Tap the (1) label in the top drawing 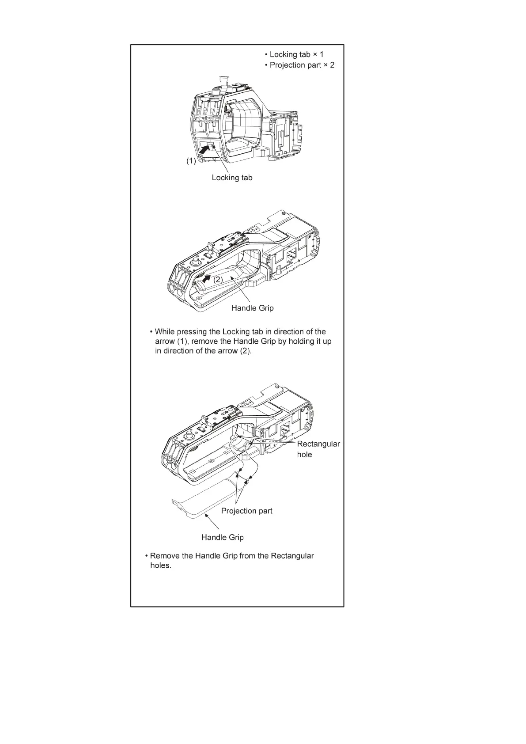coord(190,161)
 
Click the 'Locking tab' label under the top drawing coord(232,178)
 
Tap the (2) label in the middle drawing coord(218,280)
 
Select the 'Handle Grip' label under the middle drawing coord(252,308)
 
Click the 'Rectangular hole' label coord(318,449)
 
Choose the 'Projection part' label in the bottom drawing coord(246,511)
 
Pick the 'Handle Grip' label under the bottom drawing coord(222,537)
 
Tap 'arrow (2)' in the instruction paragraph coord(235,351)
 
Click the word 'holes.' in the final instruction coord(160,566)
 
